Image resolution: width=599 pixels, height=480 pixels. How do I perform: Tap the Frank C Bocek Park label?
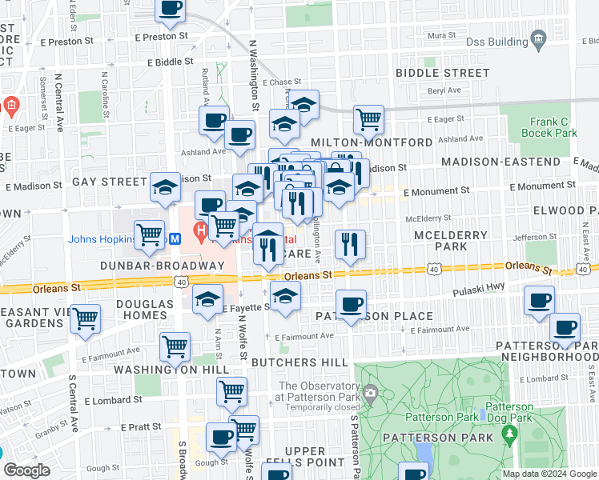click(x=553, y=128)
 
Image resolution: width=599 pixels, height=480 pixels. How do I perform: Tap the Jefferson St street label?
click(x=535, y=237)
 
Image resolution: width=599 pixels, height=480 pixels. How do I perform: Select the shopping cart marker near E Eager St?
click(x=368, y=120)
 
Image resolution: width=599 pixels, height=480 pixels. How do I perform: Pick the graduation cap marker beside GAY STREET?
click(x=165, y=187)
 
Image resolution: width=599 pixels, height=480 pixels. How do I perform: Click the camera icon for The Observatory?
click(x=369, y=392)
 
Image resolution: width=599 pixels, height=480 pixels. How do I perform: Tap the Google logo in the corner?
click(x=26, y=470)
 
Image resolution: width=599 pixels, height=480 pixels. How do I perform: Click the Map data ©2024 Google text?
click(x=549, y=474)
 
